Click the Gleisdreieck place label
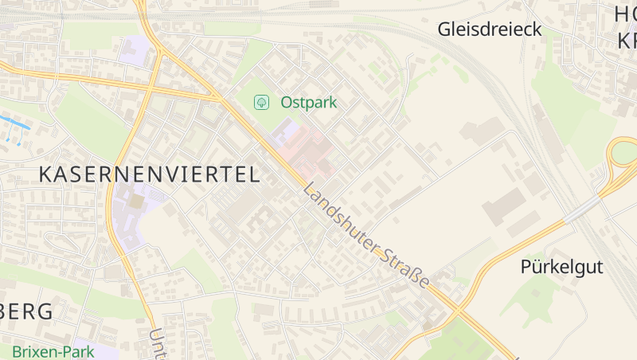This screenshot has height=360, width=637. click(x=489, y=30)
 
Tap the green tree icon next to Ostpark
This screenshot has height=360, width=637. click(x=260, y=102)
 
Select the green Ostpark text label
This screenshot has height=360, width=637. click(x=308, y=102)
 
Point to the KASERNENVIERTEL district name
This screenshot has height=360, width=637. click(x=149, y=174)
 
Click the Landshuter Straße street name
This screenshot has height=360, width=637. click(x=366, y=238)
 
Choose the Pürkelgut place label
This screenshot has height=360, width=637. click(x=561, y=266)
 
